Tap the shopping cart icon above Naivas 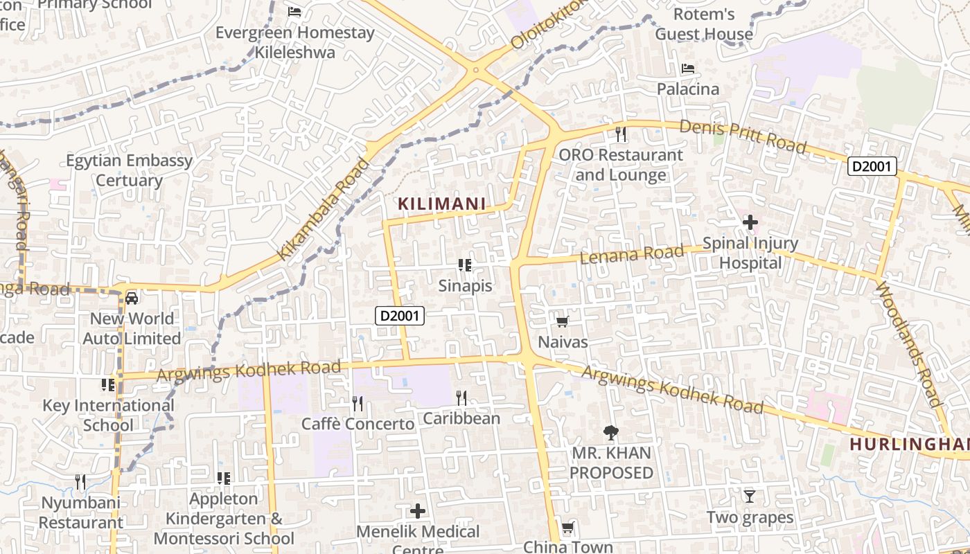tap(563, 321)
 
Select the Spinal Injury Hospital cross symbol tap(750, 223)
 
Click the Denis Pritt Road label tap(743, 136)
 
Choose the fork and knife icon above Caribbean tap(461, 397)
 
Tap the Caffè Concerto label tap(358, 424)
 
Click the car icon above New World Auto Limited tap(132, 298)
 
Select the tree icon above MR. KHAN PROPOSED tap(610, 433)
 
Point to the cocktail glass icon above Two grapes tap(750, 496)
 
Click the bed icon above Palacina tap(688, 69)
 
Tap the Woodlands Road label tap(908, 343)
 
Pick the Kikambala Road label tap(324, 209)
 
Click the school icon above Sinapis tap(465, 265)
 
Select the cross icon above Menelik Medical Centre tap(417, 511)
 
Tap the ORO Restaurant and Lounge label tap(621, 165)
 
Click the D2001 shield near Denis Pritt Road tap(872, 166)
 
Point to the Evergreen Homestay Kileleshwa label tap(295, 42)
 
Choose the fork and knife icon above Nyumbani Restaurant tap(80, 481)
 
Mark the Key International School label tap(109, 415)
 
